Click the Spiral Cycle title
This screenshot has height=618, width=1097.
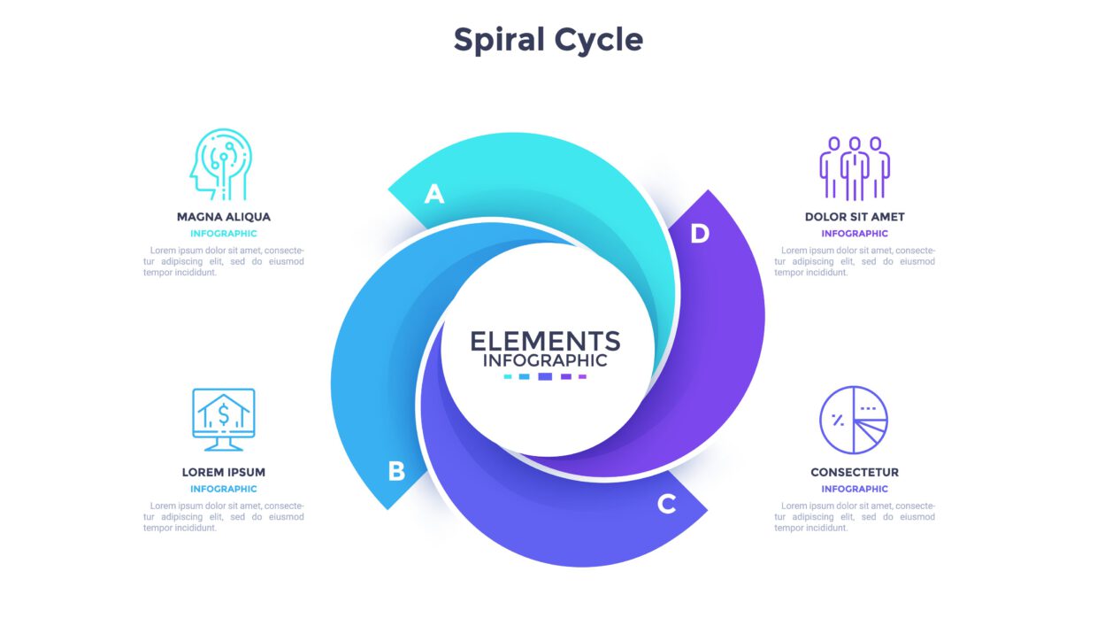point(548,40)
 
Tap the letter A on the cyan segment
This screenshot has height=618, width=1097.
point(433,194)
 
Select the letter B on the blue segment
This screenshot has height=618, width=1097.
point(396,471)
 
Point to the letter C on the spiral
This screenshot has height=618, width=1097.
point(667,505)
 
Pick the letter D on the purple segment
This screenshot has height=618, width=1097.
point(700,234)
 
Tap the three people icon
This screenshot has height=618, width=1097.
point(855,167)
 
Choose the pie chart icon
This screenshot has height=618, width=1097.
point(854,420)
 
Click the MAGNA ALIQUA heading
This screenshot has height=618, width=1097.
point(224,217)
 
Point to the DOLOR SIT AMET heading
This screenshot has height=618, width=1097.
point(855,217)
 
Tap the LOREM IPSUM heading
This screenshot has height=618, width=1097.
point(224,472)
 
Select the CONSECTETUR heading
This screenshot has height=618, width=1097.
point(855,472)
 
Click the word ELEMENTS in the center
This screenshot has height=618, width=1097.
point(545,341)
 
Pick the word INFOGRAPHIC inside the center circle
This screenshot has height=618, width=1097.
point(545,360)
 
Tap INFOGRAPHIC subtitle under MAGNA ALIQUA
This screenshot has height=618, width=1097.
point(224,234)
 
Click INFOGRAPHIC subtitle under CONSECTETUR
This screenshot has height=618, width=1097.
point(855,489)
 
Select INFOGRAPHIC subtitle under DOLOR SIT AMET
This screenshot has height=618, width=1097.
point(855,234)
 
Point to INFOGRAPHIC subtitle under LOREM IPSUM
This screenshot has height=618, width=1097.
point(224,489)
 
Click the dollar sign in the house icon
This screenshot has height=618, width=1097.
point(224,414)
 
